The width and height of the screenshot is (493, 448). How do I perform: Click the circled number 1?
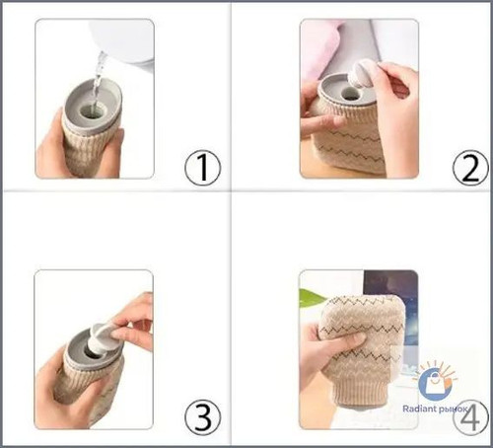click(202, 168)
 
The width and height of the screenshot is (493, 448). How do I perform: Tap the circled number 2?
click(470, 168)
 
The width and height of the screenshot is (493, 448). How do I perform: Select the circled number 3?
click(202, 417)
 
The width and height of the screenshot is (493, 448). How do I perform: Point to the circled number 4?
click(470, 417)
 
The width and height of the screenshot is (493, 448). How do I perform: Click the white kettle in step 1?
click(124, 41)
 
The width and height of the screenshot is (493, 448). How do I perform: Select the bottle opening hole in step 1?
click(89, 112)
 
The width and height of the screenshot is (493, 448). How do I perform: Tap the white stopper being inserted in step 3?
click(103, 340)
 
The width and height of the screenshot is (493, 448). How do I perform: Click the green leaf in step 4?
click(312, 297)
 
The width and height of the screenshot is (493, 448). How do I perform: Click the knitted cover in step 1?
click(88, 150)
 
